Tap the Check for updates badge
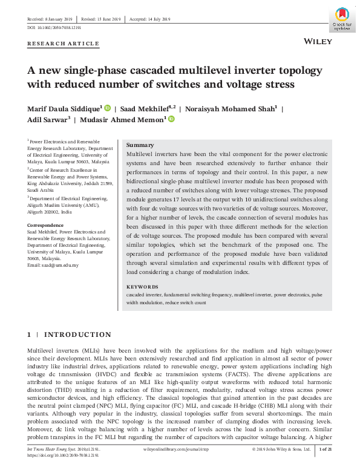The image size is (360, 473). click(x=341, y=20)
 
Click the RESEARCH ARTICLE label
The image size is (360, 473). click(x=63, y=44)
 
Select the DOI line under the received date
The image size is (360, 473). click(x=54, y=28)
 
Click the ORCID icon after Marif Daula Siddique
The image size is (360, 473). click(x=108, y=108)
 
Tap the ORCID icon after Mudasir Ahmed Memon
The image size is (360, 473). click(x=171, y=120)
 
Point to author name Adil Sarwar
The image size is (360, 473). click(x=46, y=120)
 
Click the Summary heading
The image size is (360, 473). click(x=140, y=146)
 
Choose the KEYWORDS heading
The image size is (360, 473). click(x=142, y=287)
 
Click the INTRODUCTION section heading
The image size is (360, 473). click(x=77, y=334)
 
